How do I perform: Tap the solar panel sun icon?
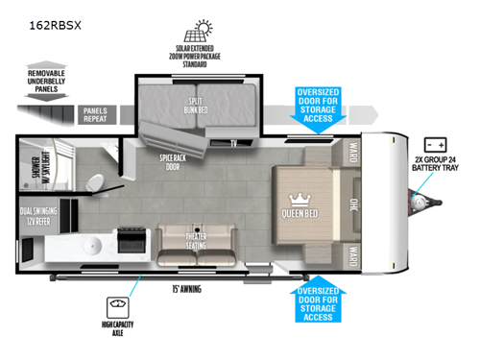click(x=204, y=27)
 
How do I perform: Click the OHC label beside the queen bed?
click(x=352, y=203)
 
